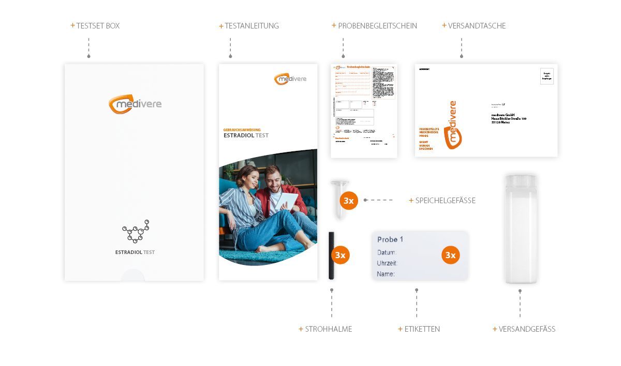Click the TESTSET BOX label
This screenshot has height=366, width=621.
click(x=98, y=26)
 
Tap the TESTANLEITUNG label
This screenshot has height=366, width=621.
click(x=252, y=26)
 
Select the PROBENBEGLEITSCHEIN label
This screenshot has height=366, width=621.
click(x=377, y=26)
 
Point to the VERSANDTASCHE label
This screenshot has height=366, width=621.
click(x=477, y=26)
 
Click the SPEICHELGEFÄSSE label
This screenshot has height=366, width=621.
click(x=445, y=200)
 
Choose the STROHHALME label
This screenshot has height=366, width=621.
click(x=328, y=329)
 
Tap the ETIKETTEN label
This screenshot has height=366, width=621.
click(x=422, y=329)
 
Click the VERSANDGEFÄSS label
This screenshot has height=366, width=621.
click(x=526, y=329)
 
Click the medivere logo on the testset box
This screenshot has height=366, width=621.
click(x=135, y=104)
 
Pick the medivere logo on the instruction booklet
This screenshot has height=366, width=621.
click(x=290, y=79)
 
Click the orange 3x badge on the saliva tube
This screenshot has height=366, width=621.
click(x=349, y=201)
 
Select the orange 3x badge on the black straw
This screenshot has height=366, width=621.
click(x=340, y=255)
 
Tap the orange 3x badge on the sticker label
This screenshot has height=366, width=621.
click(x=451, y=255)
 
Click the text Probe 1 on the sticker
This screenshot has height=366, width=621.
click(x=390, y=240)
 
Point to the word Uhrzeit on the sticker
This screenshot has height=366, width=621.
click(x=387, y=263)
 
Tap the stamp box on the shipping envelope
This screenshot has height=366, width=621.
click(x=547, y=76)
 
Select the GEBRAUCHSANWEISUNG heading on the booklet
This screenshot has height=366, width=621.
click(x=242, y=130)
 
